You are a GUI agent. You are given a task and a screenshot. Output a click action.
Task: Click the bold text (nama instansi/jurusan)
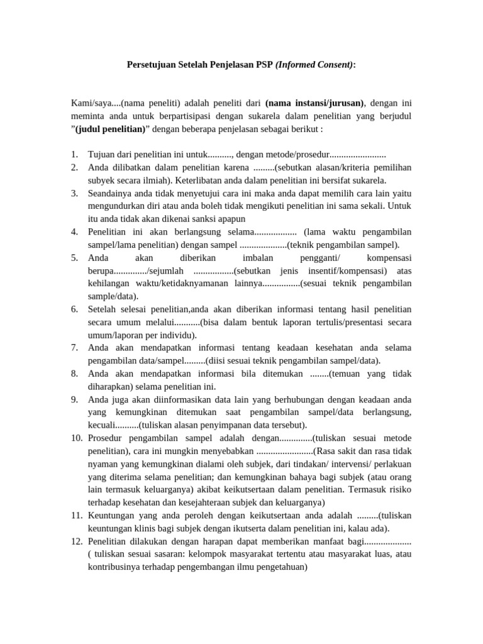[x=314, y=103]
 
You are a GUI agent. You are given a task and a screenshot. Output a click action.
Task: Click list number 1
[x=74, y=154]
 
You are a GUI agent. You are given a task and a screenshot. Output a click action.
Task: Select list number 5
[x=74, y=258]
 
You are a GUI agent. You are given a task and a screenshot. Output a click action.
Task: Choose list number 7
[x=74, y=347]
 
